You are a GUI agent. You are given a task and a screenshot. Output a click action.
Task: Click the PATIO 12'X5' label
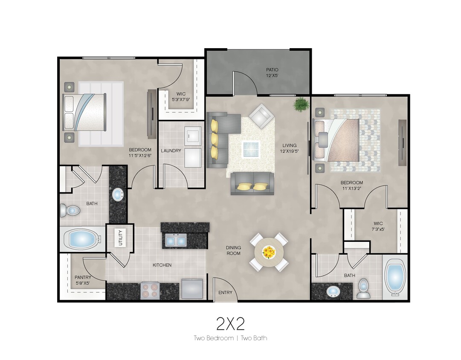(x=272, y=72)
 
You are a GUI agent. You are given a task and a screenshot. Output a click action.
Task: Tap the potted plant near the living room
(x=302, y=104)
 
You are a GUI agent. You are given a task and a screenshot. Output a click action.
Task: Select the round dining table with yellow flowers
(x=269, y=252)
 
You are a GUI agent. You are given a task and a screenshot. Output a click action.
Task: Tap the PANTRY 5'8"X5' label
(x=83, y=280)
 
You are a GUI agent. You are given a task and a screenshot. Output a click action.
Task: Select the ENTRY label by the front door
(x=225, y=293)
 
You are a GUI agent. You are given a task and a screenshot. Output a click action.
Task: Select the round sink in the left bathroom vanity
(x=117, y=195)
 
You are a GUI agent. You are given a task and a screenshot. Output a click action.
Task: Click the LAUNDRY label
(x=171, y=151)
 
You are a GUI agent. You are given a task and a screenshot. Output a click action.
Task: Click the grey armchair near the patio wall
(x=261, y=116)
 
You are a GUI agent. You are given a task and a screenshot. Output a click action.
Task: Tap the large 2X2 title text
(x=230, y=324)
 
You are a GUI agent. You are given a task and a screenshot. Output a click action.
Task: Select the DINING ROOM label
(x=233, y=250)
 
